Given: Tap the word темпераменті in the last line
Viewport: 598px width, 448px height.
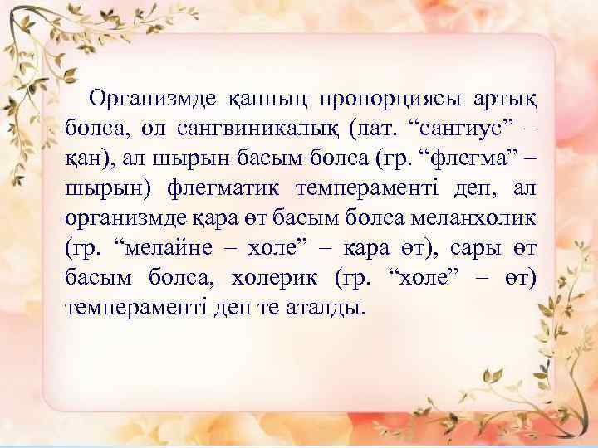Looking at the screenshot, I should point(123,309).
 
